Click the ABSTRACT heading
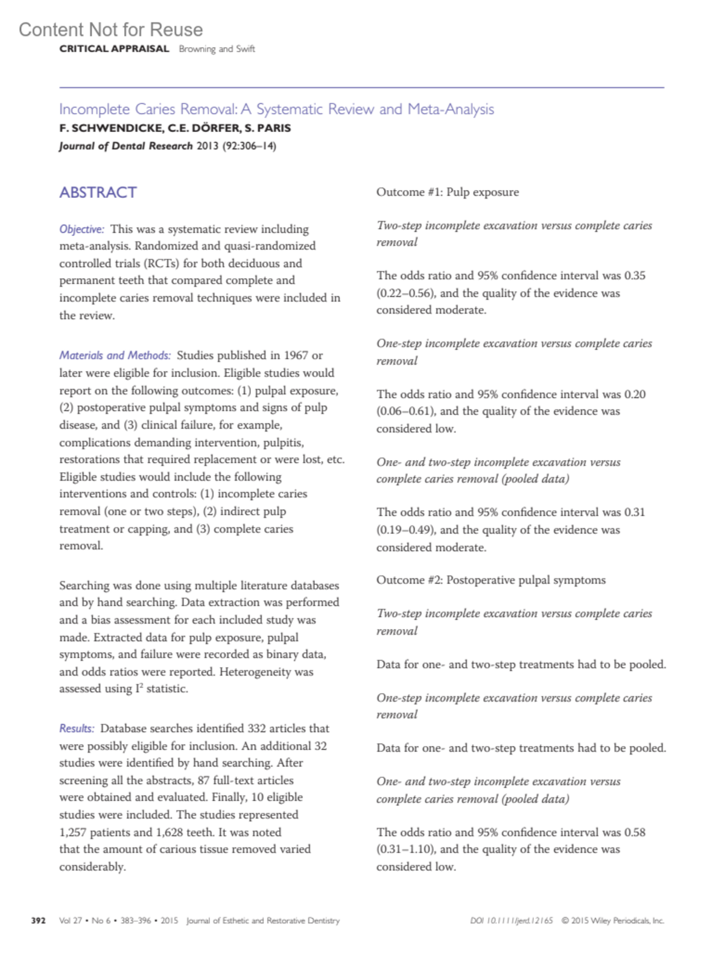pyautogui.click(x=98, y=192)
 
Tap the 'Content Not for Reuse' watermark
pyautogui.click(x=110, y=30)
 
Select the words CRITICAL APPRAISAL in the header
pyautogui.click(x=114, y=49)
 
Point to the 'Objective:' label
pyautogui.click(x=81, y=229)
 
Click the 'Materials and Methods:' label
pyautogui.click(x=115, y=355)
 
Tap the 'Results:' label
pyautogui.click(x=77, y=729)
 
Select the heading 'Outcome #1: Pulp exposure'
pyautogui.click(x=447, y=192)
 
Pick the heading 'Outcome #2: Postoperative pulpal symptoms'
pyautogui.click(x=491, y=580)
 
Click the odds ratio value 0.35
pyautogui.click(x=635, y=276)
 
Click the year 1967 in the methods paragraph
pyautogui.click(x=296, y=355)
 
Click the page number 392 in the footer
pyautogui.click(x=39, y=920)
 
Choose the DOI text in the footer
pyautogui.click(x=511, y=920)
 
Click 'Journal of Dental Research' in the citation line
pyautogui.click(x=125, y=146)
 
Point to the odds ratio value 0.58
pyautogui.click(x=635, y=832)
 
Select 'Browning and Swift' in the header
pyautogui.click(x=217, y=49)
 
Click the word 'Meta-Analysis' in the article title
pyautogui.click(x=451, y=109)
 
